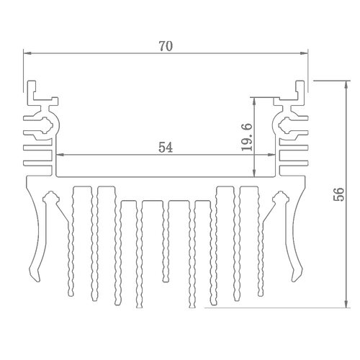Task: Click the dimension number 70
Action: point(166,46)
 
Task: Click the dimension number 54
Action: point(166,148)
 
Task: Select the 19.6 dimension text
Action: point(247,137)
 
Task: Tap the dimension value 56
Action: point(339,194)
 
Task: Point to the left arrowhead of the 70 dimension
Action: point(27,53)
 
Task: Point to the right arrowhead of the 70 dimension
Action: point(305,53)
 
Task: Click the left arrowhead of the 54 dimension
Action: point(59,155)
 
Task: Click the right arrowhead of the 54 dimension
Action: point(271,155)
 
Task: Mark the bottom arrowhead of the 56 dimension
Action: point(346,304)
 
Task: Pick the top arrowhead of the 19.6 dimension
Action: point(254,102)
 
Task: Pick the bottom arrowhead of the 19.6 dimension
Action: point(254,173)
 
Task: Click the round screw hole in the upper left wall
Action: point(46,125)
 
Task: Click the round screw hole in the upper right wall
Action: point(285,125)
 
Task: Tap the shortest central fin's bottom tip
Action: point(166,280)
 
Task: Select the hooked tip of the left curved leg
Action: point(35,279)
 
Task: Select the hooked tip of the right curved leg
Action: point(296,279)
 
